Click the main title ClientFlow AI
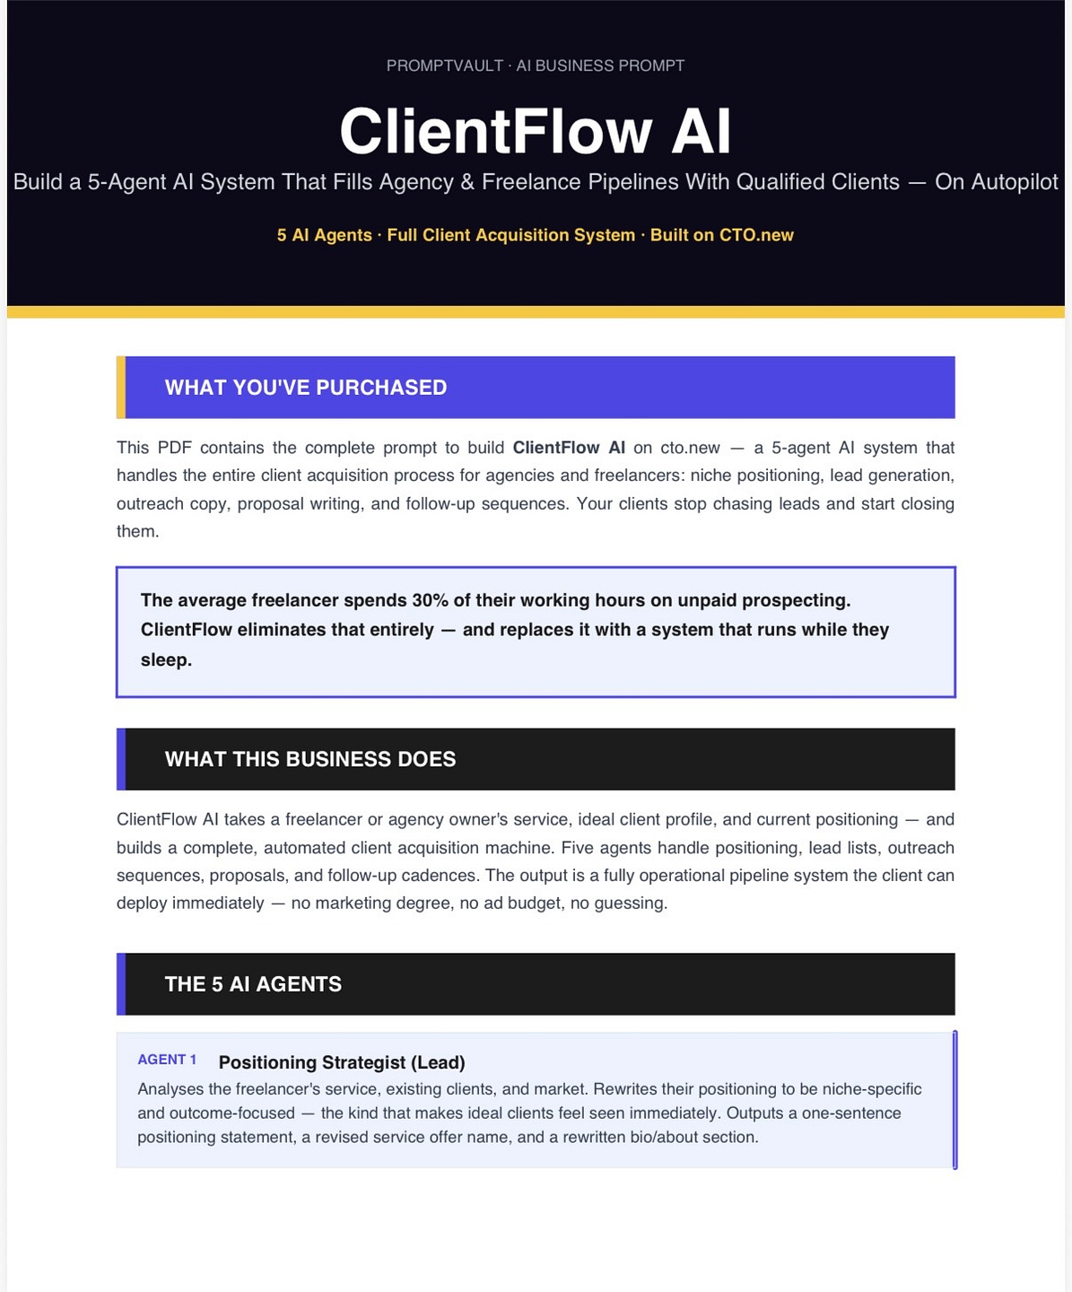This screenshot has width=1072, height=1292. (x=535, y=131)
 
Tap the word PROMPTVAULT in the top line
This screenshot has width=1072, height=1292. (x=444, y=65)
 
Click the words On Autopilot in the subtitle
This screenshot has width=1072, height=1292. (x=996, y=182)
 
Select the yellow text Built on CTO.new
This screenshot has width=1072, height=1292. (x=722, y=235)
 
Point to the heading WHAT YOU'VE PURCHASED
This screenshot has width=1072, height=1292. (x=306, y=388)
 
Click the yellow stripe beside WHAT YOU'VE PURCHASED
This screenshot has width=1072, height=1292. (x=121, y=388)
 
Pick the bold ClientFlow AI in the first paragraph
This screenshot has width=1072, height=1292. (x=569, y=448)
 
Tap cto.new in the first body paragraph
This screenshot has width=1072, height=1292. (x=690, y=448)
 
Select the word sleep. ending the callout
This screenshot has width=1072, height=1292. (x=166, y=660)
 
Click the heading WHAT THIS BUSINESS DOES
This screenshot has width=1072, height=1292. (x=309, y=759)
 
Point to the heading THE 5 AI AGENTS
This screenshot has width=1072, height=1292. (x=253, y=984)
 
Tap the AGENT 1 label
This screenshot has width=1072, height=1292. (x=167, y=1060)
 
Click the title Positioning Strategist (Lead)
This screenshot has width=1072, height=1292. (x=342, y=1062)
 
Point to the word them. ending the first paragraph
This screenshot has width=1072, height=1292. (x=138, y=531)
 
